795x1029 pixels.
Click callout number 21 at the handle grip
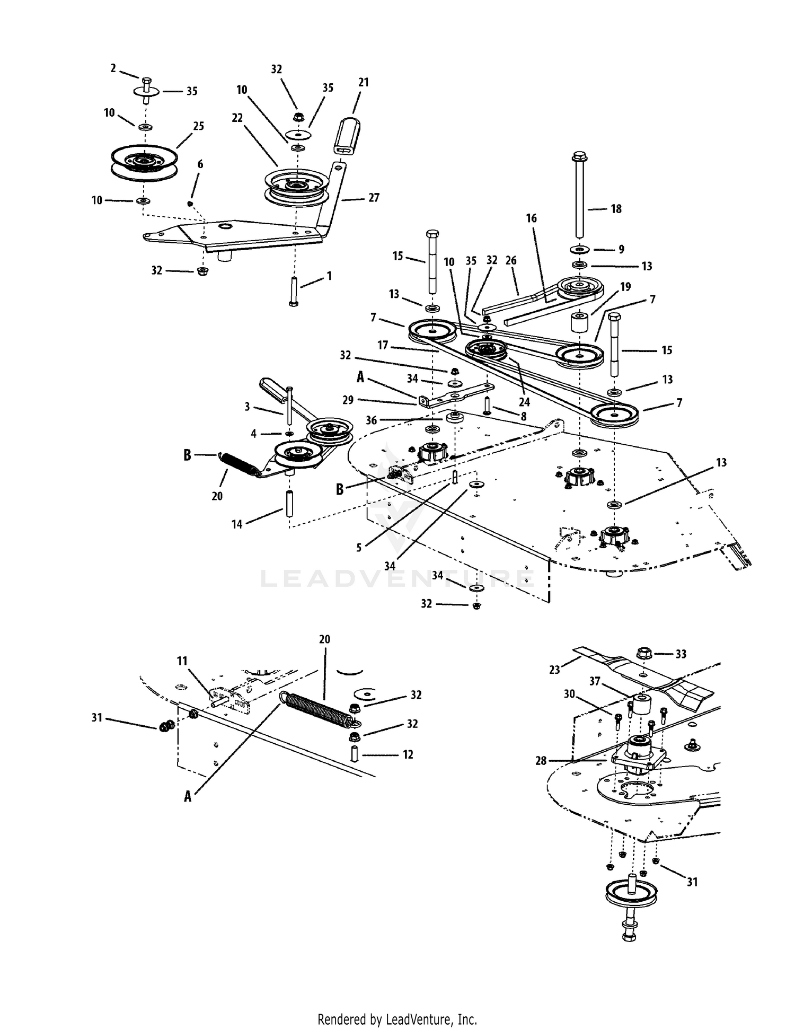(x=363, y=83)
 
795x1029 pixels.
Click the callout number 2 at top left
(x=113, y=68)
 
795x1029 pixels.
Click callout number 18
(x=616, y=209)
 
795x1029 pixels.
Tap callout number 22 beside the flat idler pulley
(x=237, y=118)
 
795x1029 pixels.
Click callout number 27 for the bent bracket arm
(x=374, y=198)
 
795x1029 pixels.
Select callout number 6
(x=200, y=164)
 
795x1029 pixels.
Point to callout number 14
(x=237, y=524)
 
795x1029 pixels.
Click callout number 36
(x=371, y=420)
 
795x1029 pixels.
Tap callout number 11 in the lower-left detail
(x=182, y=661)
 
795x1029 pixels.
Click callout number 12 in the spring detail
(x=408, y=754)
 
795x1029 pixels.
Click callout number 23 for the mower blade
(x=554, y=670)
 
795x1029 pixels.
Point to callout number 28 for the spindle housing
(x=541, y=761)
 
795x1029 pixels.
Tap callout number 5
(x=359, y=548)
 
